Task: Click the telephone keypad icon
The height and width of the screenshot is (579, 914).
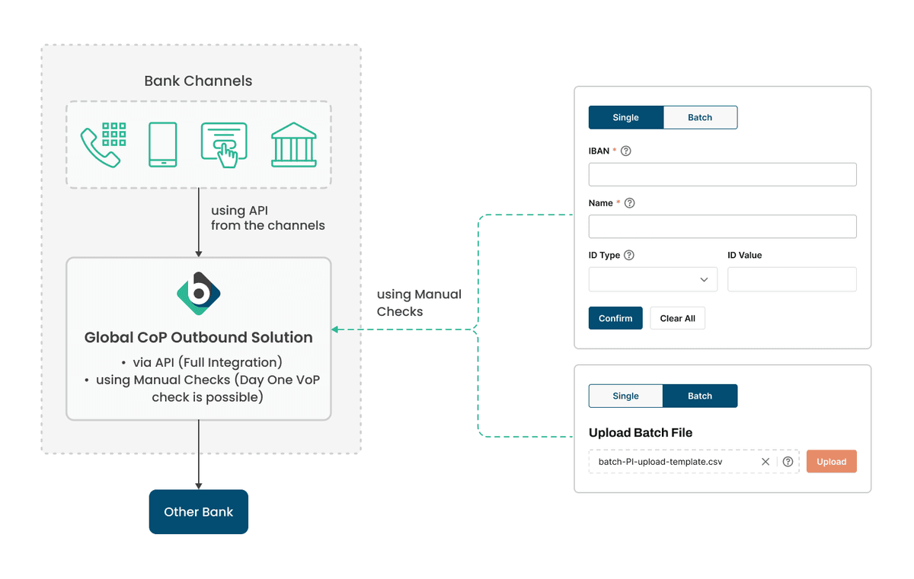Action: click(x=104, y=145)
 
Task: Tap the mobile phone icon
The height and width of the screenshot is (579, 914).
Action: click(x=163, y=145)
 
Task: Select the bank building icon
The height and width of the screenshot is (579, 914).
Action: click(x=293, y=145)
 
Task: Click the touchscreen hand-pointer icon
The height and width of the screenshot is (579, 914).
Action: click(x=224, y=145)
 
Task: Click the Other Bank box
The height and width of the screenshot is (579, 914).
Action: click(x=198, y=512)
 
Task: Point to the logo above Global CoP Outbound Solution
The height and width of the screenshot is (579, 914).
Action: click(x=198, y=293)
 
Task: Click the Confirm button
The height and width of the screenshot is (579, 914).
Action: click(x=615, y=318)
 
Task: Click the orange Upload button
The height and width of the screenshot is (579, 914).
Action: click(x=831, y=462)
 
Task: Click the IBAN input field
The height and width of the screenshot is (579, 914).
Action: click(x=722, y=174)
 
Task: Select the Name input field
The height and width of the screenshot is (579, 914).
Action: click(x=722, y=227)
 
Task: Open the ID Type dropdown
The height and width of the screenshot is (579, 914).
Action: click(x=653, y=279)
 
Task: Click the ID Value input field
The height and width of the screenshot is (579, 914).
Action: click(x=791, y=279)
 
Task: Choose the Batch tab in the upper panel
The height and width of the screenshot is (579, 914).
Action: click(x=700, y=117)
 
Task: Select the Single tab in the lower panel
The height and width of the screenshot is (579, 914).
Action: click(x=625, y=396)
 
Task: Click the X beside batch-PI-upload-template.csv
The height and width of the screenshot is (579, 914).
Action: click(x=765, y=462)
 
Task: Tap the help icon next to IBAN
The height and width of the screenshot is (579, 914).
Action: click(x=626, y=151)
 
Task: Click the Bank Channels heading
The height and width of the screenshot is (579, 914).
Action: click(x=198, y=81)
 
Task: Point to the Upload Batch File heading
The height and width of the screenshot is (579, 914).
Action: click(x=641, y=433)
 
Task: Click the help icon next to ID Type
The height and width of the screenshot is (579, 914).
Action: click(x=629, y=256)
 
